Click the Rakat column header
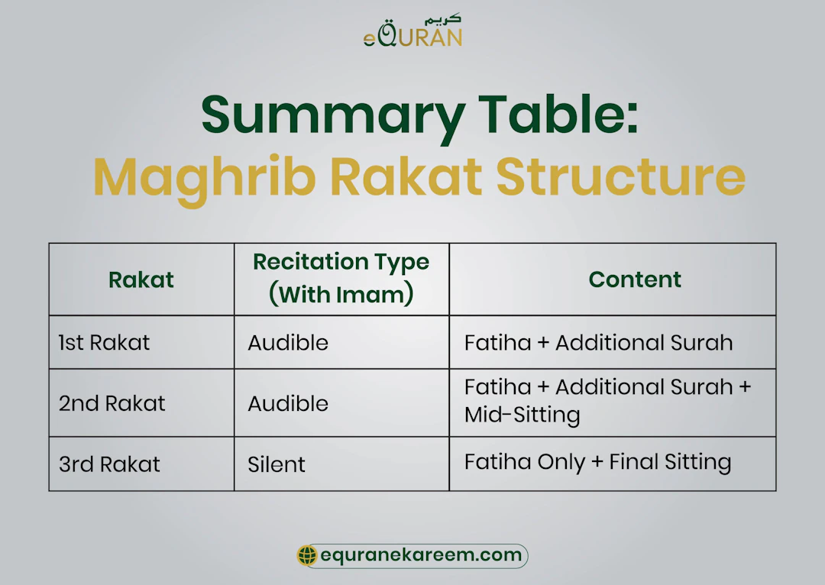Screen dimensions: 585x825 pos(141,280)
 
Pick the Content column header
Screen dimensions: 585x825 pos(635,280)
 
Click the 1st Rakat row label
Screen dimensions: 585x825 pos(105,343)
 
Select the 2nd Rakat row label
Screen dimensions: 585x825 pos(112,403)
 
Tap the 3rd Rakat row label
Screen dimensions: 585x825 pos(109,464)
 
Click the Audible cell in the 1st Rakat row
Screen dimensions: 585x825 pos(288,343)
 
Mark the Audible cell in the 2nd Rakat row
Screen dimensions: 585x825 pos(288,403)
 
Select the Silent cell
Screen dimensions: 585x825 pos(277,464)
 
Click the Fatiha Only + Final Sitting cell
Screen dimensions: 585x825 pos(597,462)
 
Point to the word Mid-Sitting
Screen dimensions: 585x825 pos(522,415)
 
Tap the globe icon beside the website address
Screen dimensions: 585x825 pos(307,556)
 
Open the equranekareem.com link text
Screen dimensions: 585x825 pos(421,556)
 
